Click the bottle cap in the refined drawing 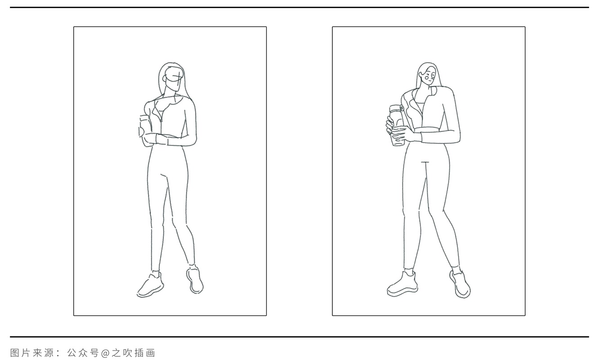[395, 108]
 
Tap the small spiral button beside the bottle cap [402, 108]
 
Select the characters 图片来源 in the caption [32, 353]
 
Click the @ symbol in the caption [104, 353]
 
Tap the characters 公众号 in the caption [83, 353]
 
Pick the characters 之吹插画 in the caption [132, 353]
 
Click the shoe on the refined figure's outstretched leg [460, 284]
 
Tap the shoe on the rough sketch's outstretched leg [195, 280]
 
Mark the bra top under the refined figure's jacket [419, 108]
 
